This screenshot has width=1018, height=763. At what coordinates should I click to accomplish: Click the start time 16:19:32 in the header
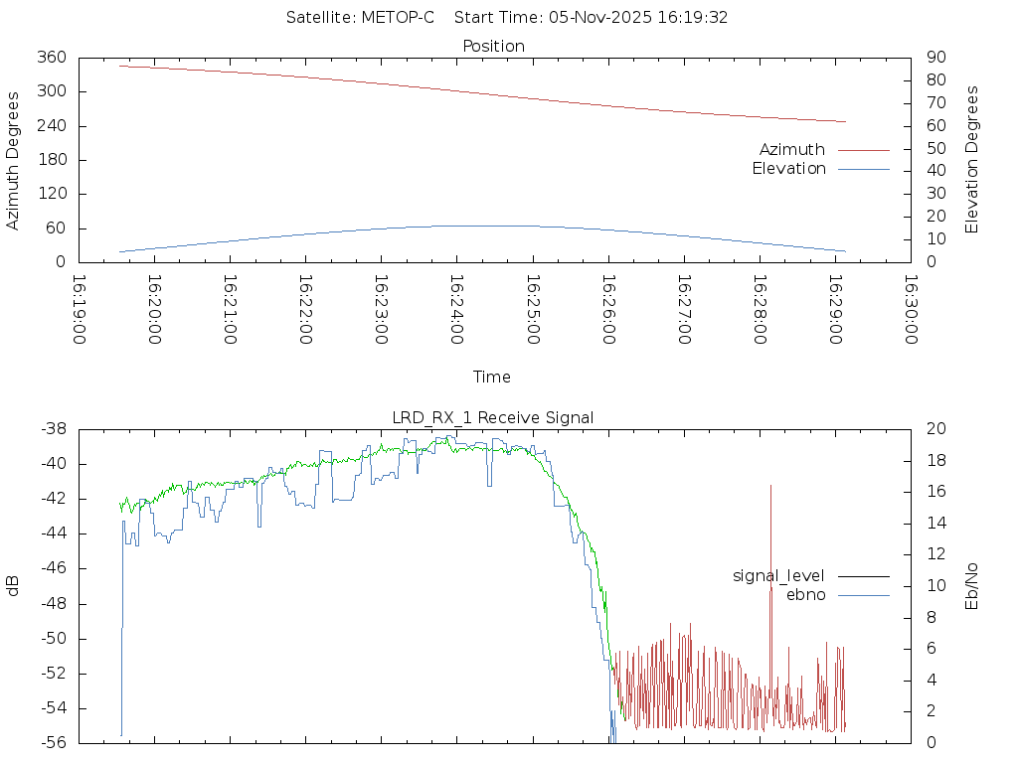(x=697, y=18)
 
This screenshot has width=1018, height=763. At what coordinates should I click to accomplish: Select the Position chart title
(x=493, y=46)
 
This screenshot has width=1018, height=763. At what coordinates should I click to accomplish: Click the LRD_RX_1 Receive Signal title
(x=493, y=417)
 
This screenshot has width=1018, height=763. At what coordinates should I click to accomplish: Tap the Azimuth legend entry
(x=792, y=149)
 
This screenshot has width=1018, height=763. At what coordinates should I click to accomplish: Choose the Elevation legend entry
(x=788, y=169)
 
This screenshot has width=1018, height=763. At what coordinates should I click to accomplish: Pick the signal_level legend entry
(x=778, y=576)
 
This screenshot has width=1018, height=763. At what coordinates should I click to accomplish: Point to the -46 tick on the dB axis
(x=52, y=568)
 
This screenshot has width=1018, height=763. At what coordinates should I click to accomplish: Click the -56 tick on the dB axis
(x=52, y=742)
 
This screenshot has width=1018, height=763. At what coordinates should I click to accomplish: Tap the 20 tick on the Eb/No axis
(x=936, y=429)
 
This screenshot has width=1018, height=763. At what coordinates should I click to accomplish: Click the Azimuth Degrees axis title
(x=13, y=160)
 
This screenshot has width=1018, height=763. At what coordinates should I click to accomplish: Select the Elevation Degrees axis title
(x=972, y=160)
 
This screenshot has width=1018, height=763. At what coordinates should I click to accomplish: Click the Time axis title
(x=492, y=377)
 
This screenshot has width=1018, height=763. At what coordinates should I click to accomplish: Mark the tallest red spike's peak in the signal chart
(x=770, y=486)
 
